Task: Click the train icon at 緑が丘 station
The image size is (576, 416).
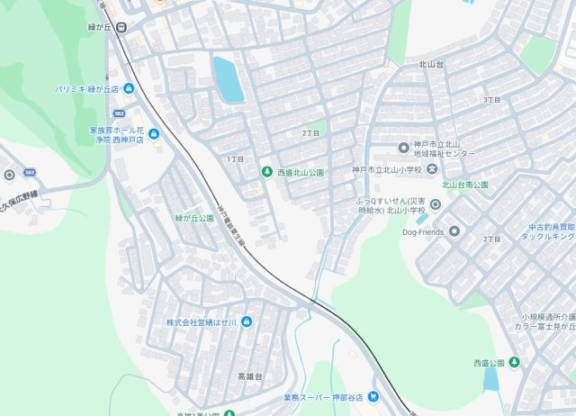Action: coord(121,26)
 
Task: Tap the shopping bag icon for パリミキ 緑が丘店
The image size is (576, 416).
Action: coord(129,88)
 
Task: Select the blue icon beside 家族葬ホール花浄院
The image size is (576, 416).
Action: coord(153,135)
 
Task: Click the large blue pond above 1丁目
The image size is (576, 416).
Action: coord(228,78)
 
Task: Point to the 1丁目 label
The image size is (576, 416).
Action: coord(236,158)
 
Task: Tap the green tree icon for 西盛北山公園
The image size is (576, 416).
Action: coord(266,171)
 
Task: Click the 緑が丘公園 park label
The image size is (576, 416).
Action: coord(194,218)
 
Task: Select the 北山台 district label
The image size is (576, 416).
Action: coord(433,65)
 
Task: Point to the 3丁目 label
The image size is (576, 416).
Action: coord(490,99)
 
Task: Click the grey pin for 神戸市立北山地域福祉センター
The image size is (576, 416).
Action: coord(403,148)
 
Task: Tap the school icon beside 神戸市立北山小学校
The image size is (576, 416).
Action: coord(432,169)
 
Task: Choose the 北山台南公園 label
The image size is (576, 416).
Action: coord(464,185)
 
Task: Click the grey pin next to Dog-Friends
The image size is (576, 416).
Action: coord(454,231)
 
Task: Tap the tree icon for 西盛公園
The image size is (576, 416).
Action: coord(514,362)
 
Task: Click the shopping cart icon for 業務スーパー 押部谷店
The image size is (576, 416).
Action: coord(373,397)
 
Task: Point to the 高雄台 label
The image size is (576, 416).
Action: coord(248,375)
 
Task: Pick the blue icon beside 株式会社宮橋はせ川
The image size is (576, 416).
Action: coord(247,321)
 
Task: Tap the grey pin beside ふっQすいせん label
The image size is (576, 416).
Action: coord(436,204)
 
